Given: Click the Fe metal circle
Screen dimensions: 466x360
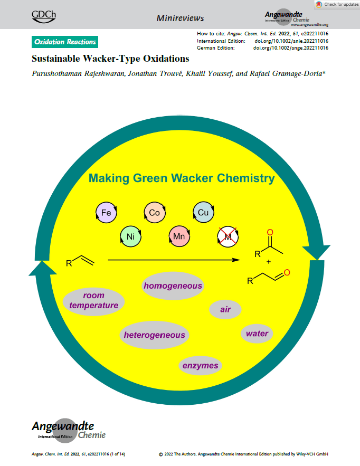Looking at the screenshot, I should tap(106, 213).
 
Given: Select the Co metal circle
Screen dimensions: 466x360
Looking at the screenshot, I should tap(154, 213).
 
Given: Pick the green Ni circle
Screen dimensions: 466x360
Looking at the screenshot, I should tap(130, 236).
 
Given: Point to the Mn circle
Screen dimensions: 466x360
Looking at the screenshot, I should tap(179, 237).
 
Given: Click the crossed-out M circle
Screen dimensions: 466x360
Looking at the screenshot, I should tap(228, 237).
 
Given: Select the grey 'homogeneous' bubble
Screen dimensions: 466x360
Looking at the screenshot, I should tap(173, 286).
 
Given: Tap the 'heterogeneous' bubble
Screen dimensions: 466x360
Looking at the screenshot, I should tap(154, 335).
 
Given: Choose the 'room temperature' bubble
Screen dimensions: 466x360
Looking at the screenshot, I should tap(93, 300).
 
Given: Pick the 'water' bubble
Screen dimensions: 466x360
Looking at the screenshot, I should tap(257, 333).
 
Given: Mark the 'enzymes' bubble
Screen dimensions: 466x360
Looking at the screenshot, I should tap(200, 365).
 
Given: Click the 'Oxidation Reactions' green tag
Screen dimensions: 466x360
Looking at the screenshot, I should tap(65, 42).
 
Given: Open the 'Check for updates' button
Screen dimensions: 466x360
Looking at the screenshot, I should tap(337, 4).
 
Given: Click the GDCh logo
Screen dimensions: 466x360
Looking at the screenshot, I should tap(44, 16).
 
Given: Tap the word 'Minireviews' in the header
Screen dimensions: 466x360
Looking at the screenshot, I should tap(180, 18).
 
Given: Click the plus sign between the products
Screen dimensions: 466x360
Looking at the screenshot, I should tap(269, 262).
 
